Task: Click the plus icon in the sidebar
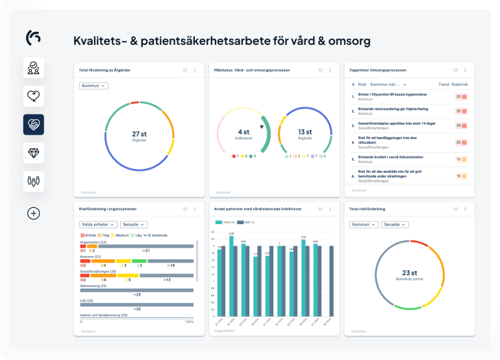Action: pyautogui.click(x=34, y=213)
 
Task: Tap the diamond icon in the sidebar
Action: pyautogui.click(x=34, y=153)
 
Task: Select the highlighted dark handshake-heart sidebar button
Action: pyautogui.click(x=34, y=124)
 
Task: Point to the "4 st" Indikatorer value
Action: pyautogui.click(x=244, y=132)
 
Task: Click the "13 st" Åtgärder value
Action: pyautogui.click(x=305, y=132)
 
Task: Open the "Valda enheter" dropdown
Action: pyautogui.click(x=98, y=224)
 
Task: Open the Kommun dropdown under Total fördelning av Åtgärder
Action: pyautogui.click(x=94, y=86)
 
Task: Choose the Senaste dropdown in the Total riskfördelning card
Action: pyautogui.click(x=395, y=224)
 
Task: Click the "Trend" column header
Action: pyautogui.click(x=444, y=84)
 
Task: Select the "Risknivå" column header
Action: pyautogui.click(x=460, y=84)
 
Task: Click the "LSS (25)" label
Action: pyautogui.click(x=86, y=301)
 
